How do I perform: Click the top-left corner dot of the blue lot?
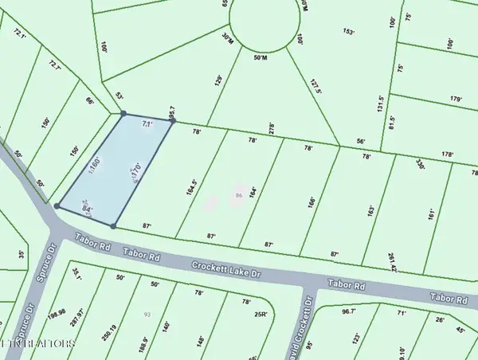point(123,114)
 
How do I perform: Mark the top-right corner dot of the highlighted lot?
point(171,121)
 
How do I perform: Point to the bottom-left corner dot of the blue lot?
point(57,205)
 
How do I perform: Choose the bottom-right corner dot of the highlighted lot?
point(113,226)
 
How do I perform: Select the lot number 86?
point(238,195)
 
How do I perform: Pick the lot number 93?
point(147,315)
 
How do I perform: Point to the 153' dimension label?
point(348,32)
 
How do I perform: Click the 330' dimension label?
point(420,165)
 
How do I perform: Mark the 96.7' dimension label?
point(348,311)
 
